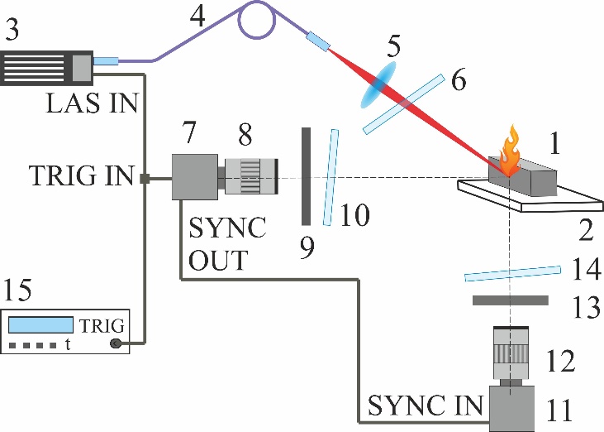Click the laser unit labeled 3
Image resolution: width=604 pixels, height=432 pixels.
click(x=46, y=67)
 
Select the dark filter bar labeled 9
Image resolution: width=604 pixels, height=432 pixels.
click(x=305, y=175)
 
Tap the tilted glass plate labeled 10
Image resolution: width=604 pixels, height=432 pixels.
click(x=331, y=177)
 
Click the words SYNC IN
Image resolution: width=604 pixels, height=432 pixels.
click(x=425, y=406)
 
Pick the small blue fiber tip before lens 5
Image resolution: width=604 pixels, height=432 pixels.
click(x=318, y=40)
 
